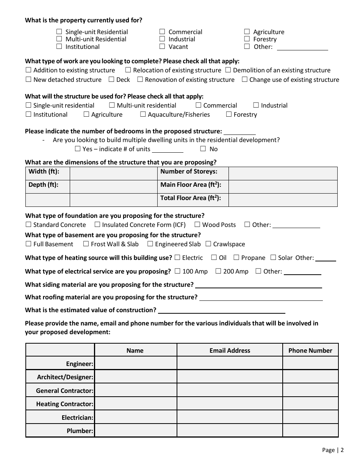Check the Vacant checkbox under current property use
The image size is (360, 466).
[x=162, y=47]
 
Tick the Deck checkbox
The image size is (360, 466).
[x=111, y=80]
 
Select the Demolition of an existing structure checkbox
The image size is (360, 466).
[x=228, y=70]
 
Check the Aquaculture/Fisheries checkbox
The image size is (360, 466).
[x=143, y=114]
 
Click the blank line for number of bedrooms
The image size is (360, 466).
[x=239, y=131]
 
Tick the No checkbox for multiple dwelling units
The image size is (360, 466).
[x=203, y=149]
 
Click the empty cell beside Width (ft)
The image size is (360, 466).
[x=113, y=174]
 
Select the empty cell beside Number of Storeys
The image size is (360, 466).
[x=283, y=174]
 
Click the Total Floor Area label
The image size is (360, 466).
[x=191, y=198]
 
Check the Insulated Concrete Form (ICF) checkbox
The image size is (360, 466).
[x=97, y=225]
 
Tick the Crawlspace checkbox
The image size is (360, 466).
[x=208, y=244]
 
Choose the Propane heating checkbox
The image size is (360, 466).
[x=236, y=258]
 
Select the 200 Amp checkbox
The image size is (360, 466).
[x=218, y=271]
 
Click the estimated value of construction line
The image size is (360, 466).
[x=221, y=311]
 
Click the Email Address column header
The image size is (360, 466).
[x=230, y=350]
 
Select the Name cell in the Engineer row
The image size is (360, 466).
[x=136, y=364]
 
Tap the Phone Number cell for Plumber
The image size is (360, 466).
[x=310, y=431]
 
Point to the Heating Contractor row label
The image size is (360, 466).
[x=64, y=404]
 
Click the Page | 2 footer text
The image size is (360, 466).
[x=333, y=450]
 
